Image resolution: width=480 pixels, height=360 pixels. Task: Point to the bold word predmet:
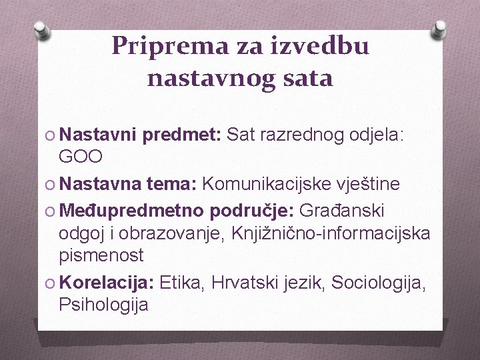coord(181,136)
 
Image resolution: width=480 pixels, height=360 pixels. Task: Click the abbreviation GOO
coord(81,157)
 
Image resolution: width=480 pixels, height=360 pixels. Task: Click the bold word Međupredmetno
coord(132,211)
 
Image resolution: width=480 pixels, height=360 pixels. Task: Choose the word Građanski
coord(341,211)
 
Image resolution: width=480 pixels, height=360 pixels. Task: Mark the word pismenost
coord(101,255)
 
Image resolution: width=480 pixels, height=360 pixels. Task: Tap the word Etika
coord(181,282)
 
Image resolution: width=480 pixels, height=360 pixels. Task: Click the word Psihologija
coord(103,305)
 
